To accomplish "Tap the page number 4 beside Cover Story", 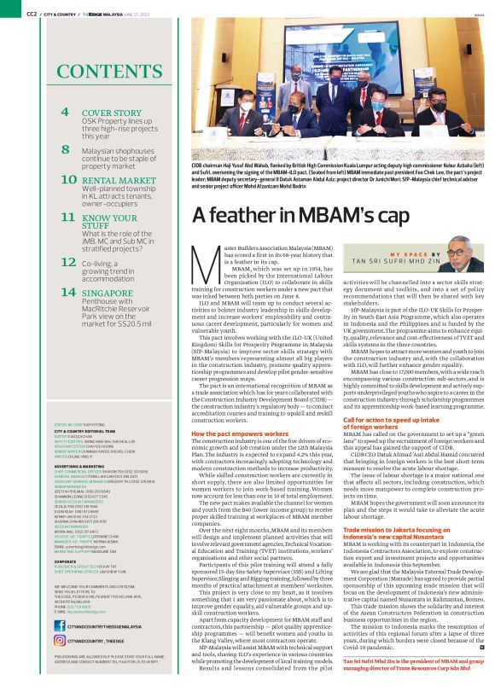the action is pyautogui.click(x=65, y=113).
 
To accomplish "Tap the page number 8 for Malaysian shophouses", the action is pyautogui.click(x=65, y=149).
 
